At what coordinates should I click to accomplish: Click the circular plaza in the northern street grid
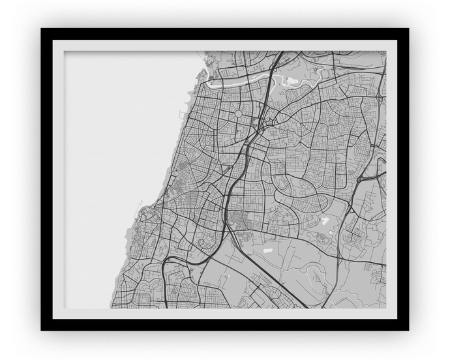coord(238,113)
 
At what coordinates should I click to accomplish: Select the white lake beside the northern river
coord(292,82)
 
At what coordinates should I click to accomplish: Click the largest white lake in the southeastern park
coord(324,220)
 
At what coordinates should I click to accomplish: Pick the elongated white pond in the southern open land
coord(268,248)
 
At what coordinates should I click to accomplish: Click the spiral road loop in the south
coord(202,243)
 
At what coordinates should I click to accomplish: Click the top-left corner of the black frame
coord(42,29)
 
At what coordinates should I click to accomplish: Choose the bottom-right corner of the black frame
coord(408,329)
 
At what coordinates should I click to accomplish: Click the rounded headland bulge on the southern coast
coord(140,215)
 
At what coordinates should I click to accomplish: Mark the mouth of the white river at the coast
coord(207,82)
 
